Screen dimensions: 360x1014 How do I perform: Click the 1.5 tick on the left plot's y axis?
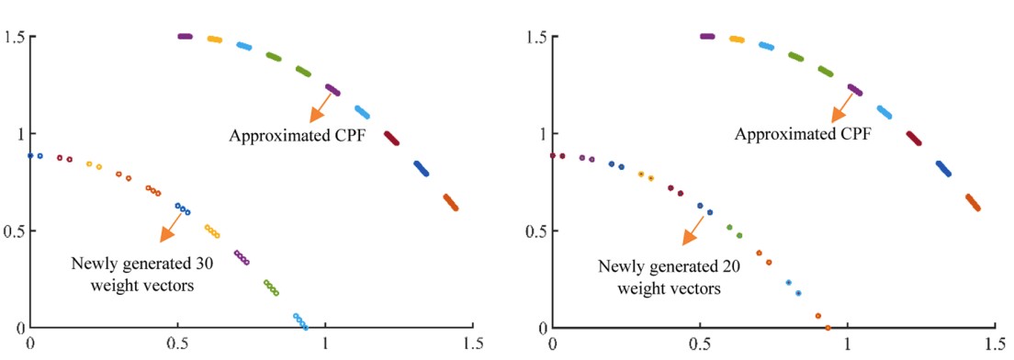(16, 37)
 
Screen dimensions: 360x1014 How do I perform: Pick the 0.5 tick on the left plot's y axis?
(16, 231)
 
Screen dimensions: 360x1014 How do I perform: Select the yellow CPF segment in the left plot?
(215, 39)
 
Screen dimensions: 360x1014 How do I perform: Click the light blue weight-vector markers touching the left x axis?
(300, 321)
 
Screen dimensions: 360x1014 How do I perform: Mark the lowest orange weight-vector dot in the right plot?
(828, 327)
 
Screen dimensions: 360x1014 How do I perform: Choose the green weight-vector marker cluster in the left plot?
(271, 287)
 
